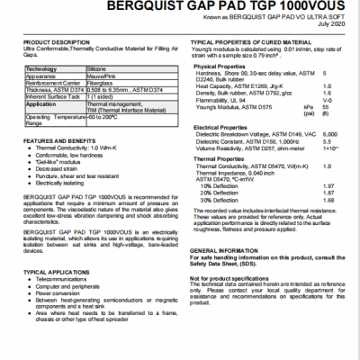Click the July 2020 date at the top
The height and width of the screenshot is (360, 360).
329,23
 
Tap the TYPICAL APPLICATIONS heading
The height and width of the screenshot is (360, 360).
55,272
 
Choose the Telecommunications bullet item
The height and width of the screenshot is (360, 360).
64,279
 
